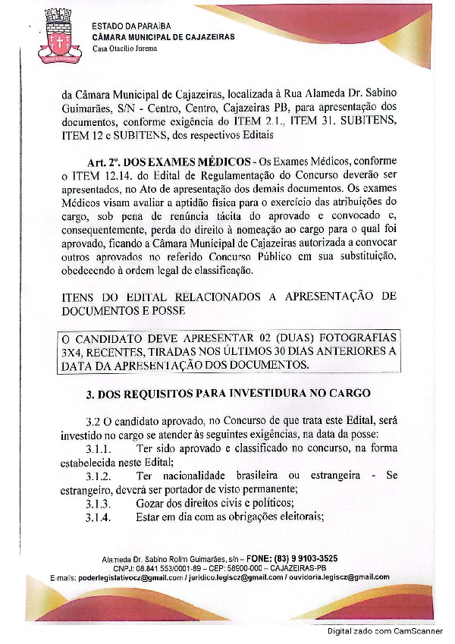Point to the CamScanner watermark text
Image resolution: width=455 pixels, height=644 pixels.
tap(385, 631)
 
